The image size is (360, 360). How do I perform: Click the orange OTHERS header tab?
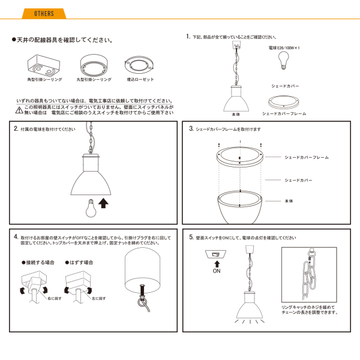point(44,14)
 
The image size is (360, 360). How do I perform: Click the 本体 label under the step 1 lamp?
point(235,113)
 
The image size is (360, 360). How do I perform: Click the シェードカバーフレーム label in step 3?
point(307,157)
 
